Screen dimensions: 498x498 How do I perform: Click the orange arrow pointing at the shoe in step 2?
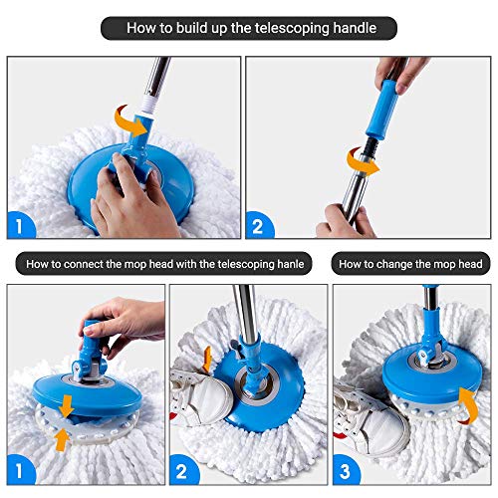click(x=206, y=356)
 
